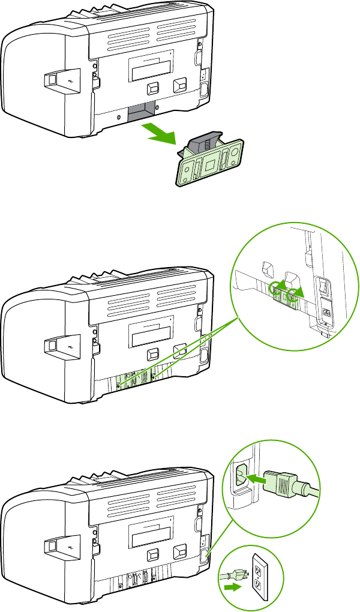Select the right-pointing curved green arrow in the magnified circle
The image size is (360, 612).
tap(295, 293)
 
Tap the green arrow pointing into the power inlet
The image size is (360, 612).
tap(257, 478)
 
